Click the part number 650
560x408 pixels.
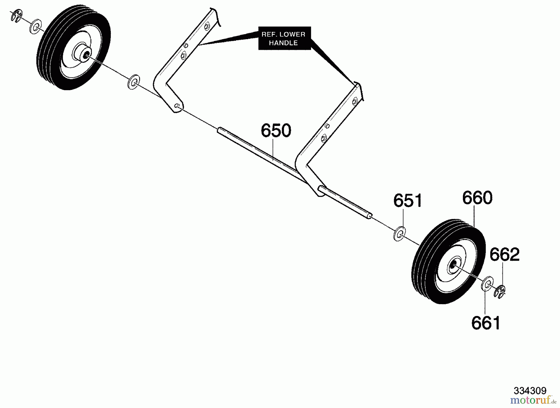click(x=276, y=131)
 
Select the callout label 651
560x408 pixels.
click(x=408, y=201)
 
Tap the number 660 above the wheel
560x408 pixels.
click(x=477, y=198)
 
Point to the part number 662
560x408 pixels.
click(x=505, y=254)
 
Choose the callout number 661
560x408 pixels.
click(x=486, y=323)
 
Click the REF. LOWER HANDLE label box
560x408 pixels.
click(x=285, y=38)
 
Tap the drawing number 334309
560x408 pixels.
click(x=530, y=391)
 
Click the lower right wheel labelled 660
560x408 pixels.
click(x=448, y=261)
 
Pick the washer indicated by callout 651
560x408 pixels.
click(x=399, y=234)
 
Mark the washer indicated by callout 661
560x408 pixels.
click(x=487, y=283)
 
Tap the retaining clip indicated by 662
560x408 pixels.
click(x=500, y=292)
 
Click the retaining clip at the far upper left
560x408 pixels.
click(x=16, y=16)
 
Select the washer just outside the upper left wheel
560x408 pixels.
click(x=36, y=26)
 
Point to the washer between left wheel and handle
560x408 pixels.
click(x=134, y=82)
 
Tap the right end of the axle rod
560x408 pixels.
click(x=370, y=216)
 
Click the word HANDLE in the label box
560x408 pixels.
click(x=283, y=43)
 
